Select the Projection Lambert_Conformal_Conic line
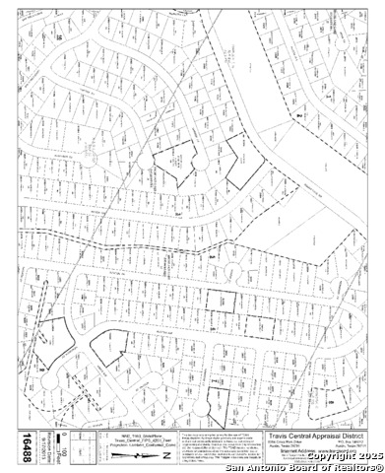[139, 447]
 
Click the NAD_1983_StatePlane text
[139, 434]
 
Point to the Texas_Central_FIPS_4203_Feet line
[139, 440]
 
